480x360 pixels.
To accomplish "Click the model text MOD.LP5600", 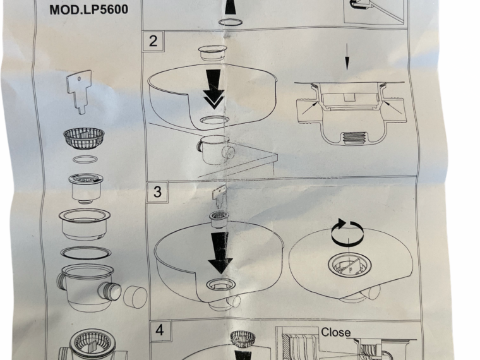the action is (x=89, y=9).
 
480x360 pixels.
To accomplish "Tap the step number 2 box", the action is (x=153, y=41).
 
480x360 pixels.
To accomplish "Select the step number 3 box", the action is (x=157, y=192).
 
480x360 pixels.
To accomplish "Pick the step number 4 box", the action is (x=160, y=330).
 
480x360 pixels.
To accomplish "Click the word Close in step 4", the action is (x=336, y=332).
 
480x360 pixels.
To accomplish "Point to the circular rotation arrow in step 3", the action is (x=348, y=232).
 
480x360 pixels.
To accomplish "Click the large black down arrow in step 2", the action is (x=214, y=89).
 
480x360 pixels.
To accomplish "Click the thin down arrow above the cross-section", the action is (x=347, y=57).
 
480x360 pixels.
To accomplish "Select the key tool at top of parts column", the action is (x=80, y=92).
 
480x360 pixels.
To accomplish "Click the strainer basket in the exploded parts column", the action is (x=84, y=139).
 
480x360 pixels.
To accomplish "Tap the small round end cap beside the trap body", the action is (x=135, y=297).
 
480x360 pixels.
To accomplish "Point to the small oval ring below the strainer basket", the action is (x=85, y=159).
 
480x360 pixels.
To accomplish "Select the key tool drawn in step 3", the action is (x=220, y=197).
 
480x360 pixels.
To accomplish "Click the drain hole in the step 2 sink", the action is (x=214, y=120).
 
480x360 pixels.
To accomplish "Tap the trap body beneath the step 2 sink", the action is (x=216, y=150).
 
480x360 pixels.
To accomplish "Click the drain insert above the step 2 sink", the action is (x=213, y=52).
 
